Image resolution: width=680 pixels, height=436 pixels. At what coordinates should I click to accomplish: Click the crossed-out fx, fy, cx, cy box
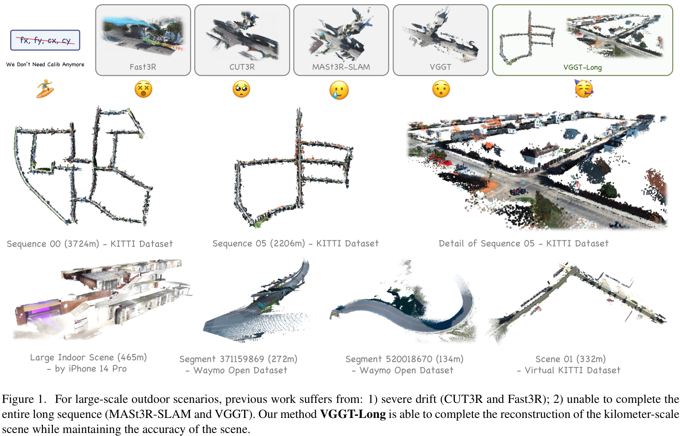(x=45, y=40)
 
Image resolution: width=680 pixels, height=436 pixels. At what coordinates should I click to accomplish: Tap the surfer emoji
(x=45, y=89)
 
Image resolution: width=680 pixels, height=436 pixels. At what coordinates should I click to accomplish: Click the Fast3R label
(x=143, y=67)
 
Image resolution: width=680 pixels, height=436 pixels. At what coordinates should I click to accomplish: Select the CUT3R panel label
(x=242, y=67)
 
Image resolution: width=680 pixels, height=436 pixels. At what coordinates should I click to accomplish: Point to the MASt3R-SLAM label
(x=341, y=67)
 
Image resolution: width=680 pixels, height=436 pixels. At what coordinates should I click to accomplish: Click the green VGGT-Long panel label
(x=582, y=68)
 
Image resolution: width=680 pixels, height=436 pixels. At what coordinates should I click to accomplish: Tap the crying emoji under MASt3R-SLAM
(x=339, y=90)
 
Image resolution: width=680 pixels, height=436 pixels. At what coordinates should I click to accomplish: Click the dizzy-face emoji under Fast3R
(x=143, y=89)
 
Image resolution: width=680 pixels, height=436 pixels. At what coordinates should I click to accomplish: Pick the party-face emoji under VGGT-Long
(x=583, y=89)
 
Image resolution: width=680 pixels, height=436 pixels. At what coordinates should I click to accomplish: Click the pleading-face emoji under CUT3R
(x=241, y=89)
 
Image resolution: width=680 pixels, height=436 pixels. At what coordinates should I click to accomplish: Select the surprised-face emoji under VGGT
(x=441, y=89)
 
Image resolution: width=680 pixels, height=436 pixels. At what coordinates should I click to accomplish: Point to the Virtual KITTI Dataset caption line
(x=572, y=370)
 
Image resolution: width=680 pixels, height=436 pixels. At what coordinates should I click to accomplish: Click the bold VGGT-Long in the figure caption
(x=353, y=414)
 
